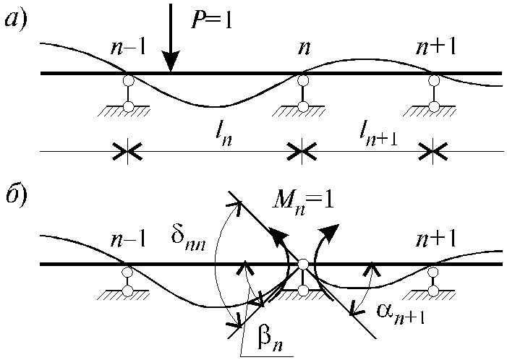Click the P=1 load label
[x=212, y=21]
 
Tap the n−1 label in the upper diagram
[x=128, y=48]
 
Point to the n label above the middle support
[x=304, y=48]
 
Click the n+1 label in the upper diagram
[x=435, y=47]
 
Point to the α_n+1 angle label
[x=401, y=314]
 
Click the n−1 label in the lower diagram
[x=128, y=239]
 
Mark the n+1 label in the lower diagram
[x=435, y=239]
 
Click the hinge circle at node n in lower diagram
[x=303, y=265]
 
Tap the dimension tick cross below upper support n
[x=302, y=151]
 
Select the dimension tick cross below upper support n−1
[x=127, y=151]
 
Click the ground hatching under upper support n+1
[x=430, y=111]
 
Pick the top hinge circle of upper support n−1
[x=128, y=80]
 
